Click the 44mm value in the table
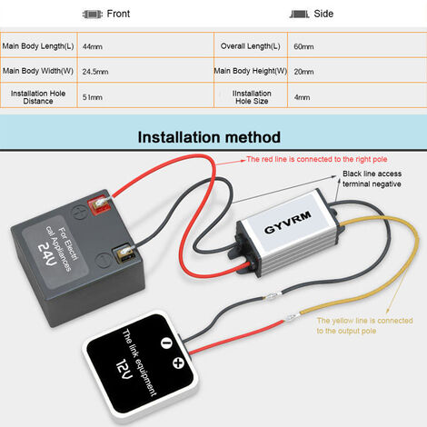point(93,46)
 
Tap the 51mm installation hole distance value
point(93,97)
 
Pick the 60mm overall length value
point(303,46)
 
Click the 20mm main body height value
point(303,72)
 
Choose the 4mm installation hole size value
point(302,97)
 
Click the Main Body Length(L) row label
point(38,46)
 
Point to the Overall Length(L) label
point(251,46)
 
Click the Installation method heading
point(209,137)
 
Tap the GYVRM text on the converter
point(288,223)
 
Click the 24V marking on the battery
point(47,254)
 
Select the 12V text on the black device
point(124,369)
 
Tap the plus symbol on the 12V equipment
point(178,362)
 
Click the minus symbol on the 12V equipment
point(166,343)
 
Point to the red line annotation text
point(317,159)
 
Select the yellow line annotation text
point(364,325)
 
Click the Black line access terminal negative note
point(372,179)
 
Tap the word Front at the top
point(118,14)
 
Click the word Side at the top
point(323,14)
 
